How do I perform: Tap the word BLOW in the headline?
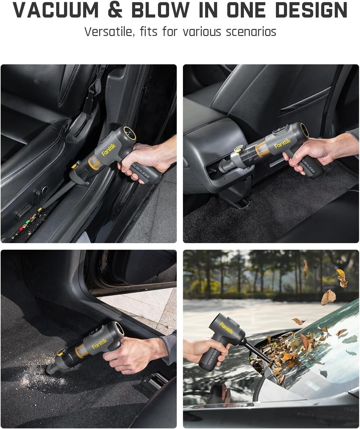click(160, 10)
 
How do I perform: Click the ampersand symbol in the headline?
click(115, 10)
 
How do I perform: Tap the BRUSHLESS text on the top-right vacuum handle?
click(308, 166)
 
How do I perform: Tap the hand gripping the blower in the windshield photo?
click(197, 351)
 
